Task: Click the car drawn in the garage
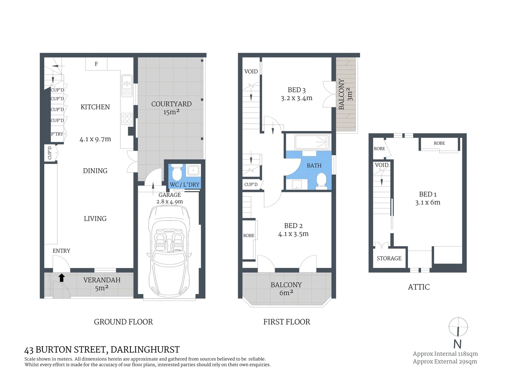(168, 250)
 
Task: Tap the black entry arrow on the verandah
(62, 278)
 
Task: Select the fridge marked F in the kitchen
(96, 64)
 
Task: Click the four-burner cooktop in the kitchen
(127, 119)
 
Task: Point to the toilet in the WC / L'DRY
(177, 174)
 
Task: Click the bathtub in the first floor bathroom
(312, 142)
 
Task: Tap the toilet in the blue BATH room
(321, 180)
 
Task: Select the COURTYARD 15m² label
(171, 108)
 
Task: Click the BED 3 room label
(297, 90)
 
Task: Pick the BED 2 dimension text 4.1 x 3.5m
(293, 234)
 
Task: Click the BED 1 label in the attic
(428, 194)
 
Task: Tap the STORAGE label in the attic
(389, 258)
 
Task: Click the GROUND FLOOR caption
(123, 322)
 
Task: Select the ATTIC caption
(419, 287)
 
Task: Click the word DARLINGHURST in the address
(145, 350)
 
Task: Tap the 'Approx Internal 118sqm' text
(445, 354)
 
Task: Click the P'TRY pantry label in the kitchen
(57, 134)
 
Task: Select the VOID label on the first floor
(251, 71)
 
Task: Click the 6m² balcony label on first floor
(286, 293)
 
